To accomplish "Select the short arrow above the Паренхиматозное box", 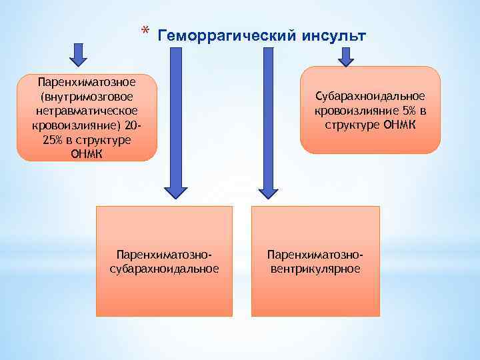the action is [79, 56].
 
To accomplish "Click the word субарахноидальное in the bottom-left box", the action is [164, 269].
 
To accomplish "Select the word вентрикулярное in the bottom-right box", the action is [315, 269].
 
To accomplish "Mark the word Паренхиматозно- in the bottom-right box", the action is [315, 255].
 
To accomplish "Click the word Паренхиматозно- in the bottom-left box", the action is [164, 255].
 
